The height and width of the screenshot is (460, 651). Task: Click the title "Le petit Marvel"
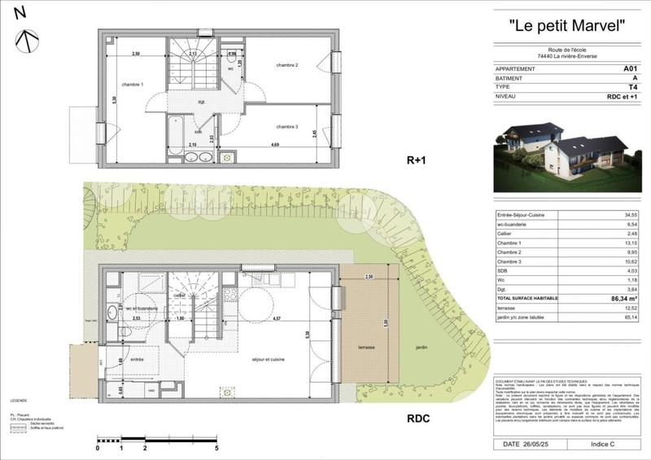point(566,25)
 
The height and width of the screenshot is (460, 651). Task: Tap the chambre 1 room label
point(133,85)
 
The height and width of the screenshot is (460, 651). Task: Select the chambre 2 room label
point(286,65)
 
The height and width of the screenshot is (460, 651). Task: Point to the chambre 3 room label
point(287,126)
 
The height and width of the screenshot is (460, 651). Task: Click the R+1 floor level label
point(417,161)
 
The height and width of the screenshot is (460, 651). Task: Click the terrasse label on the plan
point(365,347)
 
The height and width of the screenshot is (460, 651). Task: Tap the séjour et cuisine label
point(267,358)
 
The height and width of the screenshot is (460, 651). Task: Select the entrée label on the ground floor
point(136,358)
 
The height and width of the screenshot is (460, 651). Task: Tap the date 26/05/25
point(534,445)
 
